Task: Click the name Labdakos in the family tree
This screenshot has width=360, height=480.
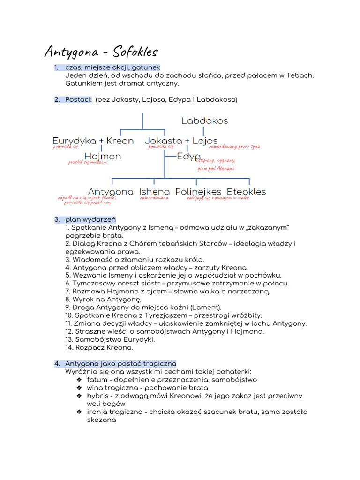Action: [x=204, y=121]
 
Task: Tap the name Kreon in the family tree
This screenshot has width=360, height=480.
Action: [x=120, y=141]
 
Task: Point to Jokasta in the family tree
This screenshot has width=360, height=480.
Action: [x=163, y=141]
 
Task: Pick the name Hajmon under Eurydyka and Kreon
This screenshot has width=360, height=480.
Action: [x=103, y=156]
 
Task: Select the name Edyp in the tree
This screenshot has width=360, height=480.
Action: [x=189, y=156]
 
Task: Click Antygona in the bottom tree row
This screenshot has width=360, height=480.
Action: [x=111, y=192]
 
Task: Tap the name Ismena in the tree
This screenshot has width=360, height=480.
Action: [x=154, y=192]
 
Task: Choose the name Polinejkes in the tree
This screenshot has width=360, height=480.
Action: [x=198, y=192]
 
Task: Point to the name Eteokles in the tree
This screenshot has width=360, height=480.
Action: [x=246, y=192]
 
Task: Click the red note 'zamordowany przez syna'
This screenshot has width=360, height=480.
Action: [x=234, y=147]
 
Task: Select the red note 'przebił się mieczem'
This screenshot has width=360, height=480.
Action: [x=88, y=162]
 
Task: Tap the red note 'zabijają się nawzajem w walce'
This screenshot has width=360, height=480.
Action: [x=217, y=198]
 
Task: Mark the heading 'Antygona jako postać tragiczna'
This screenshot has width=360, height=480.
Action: [x=120, y=363]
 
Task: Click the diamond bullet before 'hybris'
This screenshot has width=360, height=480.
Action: [x=80, y=396]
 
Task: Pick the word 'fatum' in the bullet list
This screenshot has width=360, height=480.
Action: [x=97, y=380]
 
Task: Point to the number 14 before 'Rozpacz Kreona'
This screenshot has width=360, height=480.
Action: [x=69, y=348]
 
